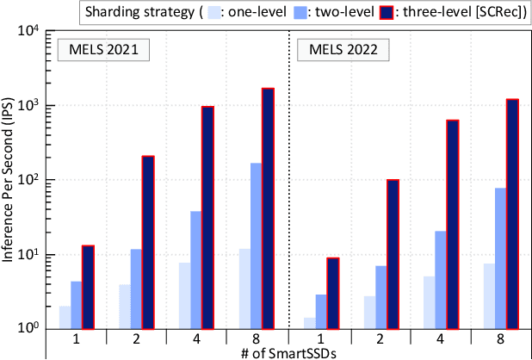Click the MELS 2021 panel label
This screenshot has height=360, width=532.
point(102,51)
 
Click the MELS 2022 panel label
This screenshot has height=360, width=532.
point(341,51)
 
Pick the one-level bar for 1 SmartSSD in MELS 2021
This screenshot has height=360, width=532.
point(65,317)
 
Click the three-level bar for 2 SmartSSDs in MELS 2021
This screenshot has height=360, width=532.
point(148,242)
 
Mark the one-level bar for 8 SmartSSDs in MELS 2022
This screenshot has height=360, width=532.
point(488,295)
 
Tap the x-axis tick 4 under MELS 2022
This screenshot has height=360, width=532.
point(441,339)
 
